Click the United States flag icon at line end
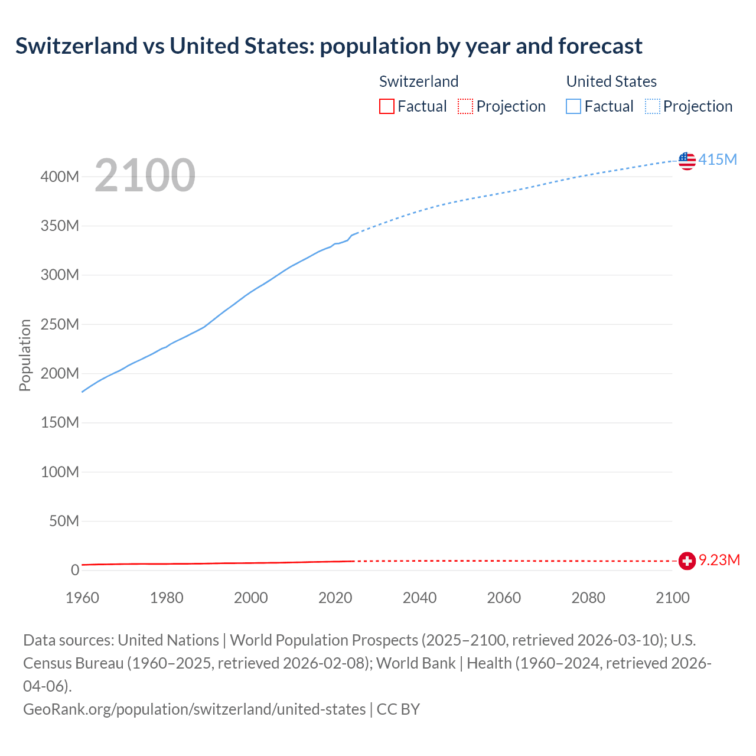click(687, 160)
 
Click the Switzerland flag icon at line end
click(687, 561)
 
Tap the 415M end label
click(718, 159)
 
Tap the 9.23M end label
click(719, 560)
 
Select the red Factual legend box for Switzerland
click(387, 106)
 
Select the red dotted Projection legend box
click(465, 106)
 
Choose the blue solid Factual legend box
click(573, 106)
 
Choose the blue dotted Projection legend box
click(653, 106)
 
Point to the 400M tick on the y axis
click(60, 177)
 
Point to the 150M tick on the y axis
click(60, 422)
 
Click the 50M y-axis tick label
click(64, 521)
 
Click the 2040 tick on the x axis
click(419, 598)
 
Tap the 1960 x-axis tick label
click(82, 598)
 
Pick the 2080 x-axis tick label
click(588, 598)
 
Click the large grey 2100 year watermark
click(145, 175)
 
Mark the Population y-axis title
click(25, 355)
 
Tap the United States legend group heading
click(611, 82)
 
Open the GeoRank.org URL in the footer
click(194, 709)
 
